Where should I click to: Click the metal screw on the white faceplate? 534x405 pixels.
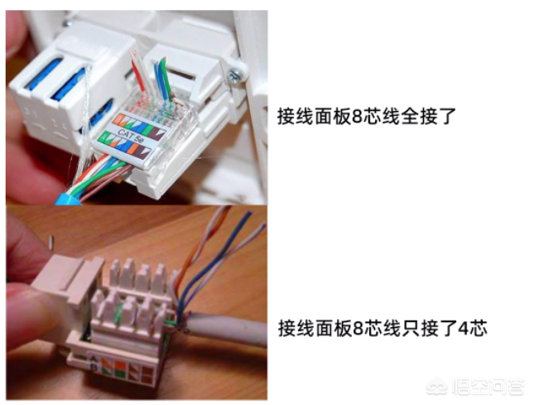pyautogui.click(x=235, y=75)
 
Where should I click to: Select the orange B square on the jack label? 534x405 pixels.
pyautogui.click(x=117, y=119)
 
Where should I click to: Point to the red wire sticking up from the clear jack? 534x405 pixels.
pyautogui.click(x=138, y=73)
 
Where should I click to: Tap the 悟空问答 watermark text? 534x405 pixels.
pyautogui.click(x=488, y=388)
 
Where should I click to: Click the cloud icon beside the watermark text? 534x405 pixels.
pyautogui.click(x=438, y=387)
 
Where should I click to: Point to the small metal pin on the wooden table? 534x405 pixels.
pyautogui.click(x=52, y=241)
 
